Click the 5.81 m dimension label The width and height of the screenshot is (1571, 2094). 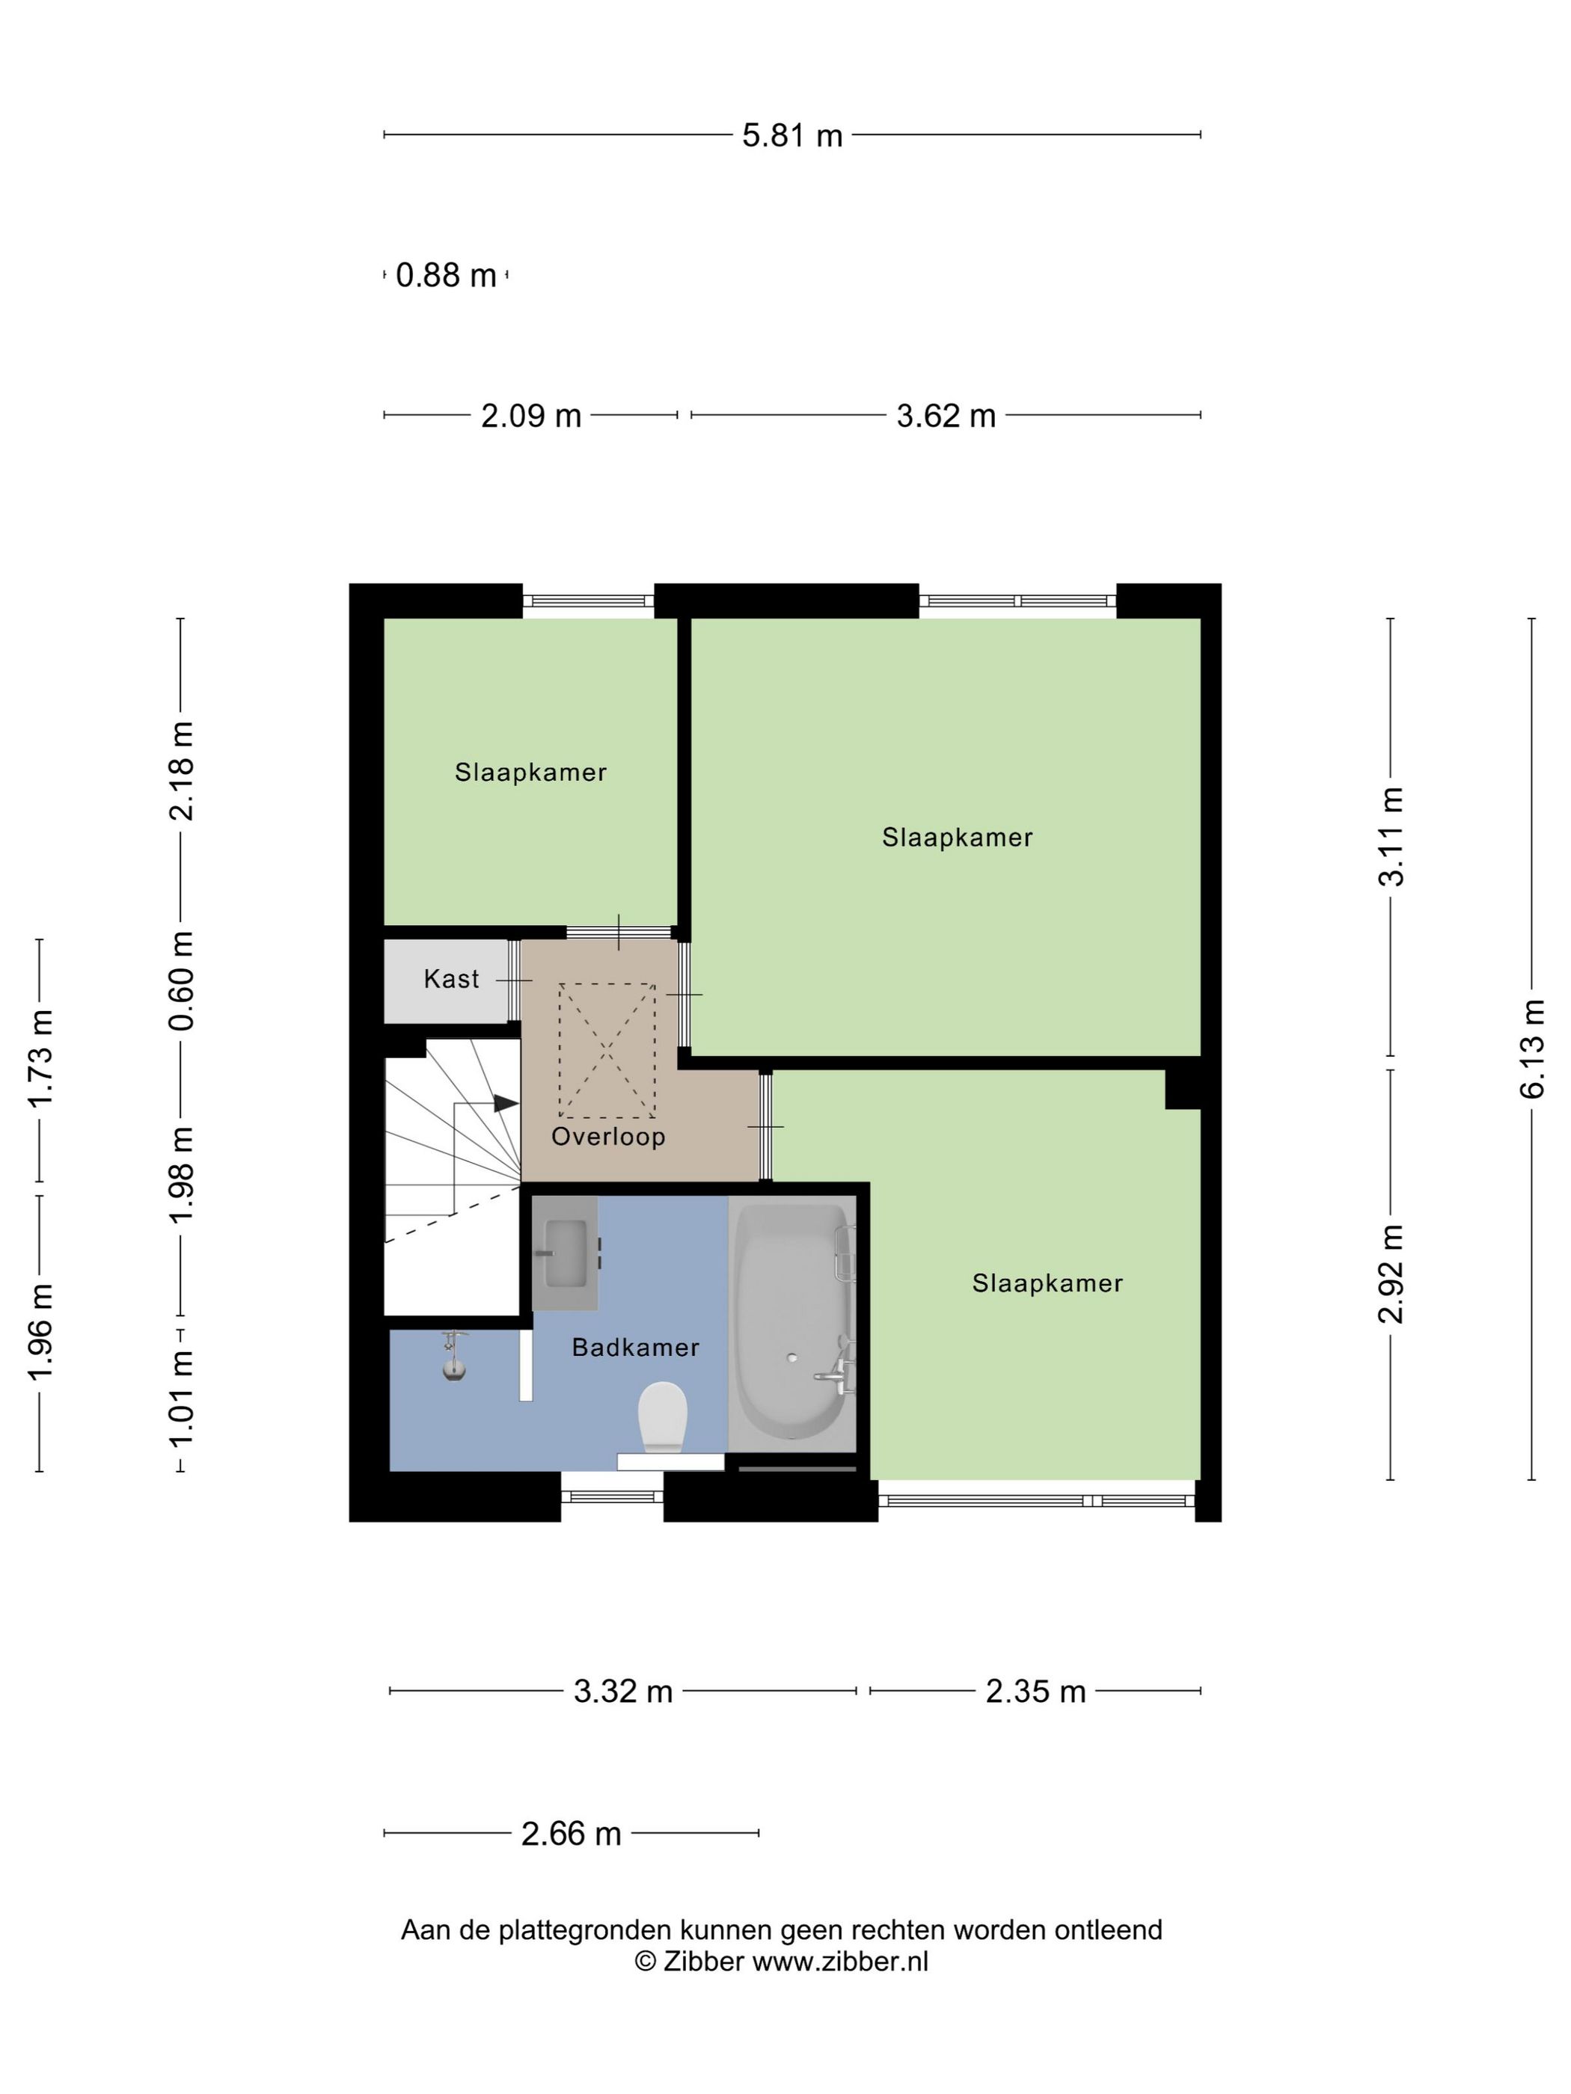click(791, 135)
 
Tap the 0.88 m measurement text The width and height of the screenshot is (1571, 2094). click(446, 275)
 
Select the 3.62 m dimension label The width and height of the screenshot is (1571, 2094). click(946, 416)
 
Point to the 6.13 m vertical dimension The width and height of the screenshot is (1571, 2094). click(1531, 1049)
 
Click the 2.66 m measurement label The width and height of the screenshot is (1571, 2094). click(571, 1834)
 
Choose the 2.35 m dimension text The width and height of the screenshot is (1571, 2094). click(1035, 1692)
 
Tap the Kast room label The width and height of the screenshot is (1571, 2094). click(452, 979)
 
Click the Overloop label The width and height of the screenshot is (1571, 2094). click(608, 1136)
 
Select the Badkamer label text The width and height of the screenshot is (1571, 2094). click(635, 1347)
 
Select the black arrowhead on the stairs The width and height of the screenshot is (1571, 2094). click(506, 1103)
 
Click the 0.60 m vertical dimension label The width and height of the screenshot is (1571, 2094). click(181, 980)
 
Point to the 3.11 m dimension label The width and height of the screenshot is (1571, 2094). click(1391, 837)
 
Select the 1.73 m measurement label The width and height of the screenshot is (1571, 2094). click(40, 1058)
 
